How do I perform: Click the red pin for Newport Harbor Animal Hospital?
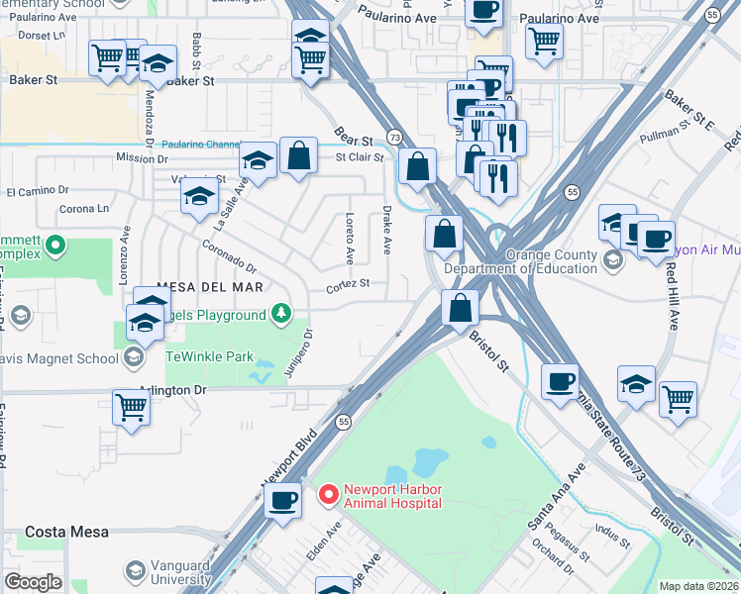pyautogui.click(x=327, y=492)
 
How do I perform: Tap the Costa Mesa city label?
pyautogui.click(x=59, y=532)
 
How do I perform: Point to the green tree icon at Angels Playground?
pyautogui.click(x=282, y=315)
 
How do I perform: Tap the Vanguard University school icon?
pyautogui.click(x=136, y=570)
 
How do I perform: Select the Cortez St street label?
pyautogui.click(x=350, y=283)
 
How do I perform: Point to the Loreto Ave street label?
pyautogui.click(x=349, y=239)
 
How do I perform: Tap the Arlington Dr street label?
pyautogui.click(x=172, y=390)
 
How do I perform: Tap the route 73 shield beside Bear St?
pyautogui.click(x=395, y=137)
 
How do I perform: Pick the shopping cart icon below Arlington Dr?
pyautogui.click(x=131, y=406)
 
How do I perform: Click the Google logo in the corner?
pyautogui.click(x=33, y=582)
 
